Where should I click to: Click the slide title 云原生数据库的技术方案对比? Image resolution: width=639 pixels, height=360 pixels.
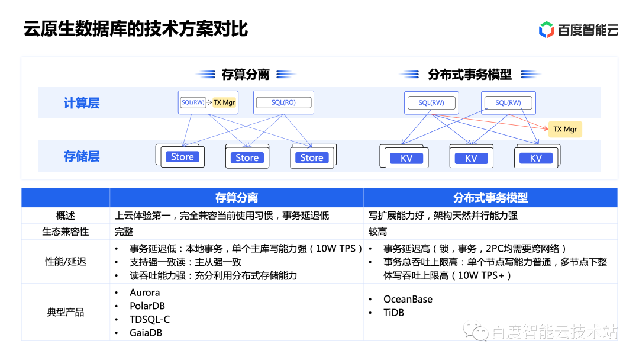[135, 29]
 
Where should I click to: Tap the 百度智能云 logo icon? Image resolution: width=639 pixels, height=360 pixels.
[546, 30]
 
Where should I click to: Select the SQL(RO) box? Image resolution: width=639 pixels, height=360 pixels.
[283, 102]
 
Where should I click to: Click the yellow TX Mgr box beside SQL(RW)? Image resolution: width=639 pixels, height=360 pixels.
[224, 102]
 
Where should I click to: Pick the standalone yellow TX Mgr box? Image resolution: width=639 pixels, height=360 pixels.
[564, 129]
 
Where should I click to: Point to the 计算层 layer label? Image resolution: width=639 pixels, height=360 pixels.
[82, 103]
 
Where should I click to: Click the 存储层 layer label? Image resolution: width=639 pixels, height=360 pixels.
[82, 156]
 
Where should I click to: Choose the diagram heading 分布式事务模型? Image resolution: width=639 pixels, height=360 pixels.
[470, 75]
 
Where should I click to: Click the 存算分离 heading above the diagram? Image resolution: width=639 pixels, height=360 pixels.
[246, 75]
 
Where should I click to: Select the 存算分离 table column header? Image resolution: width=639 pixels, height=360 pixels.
[236, 198]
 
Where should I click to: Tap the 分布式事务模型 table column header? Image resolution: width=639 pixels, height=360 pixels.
[490, 198]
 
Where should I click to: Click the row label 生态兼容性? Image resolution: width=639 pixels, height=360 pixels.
[66, 231]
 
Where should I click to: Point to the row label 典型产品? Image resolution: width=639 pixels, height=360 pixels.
[66, 312]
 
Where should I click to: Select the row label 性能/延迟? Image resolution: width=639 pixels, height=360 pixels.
[66, 261]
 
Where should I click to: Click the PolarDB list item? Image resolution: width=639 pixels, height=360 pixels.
[147, 306]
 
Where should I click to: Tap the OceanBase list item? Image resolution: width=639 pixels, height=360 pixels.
[408, 299]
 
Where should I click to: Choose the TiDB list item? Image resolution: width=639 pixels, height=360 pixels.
[393, 313]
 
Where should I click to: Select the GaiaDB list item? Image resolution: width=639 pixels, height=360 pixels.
[146, 333]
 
